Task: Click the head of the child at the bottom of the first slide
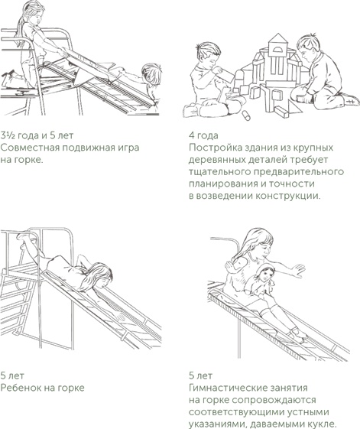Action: click(x=152, y=76)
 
